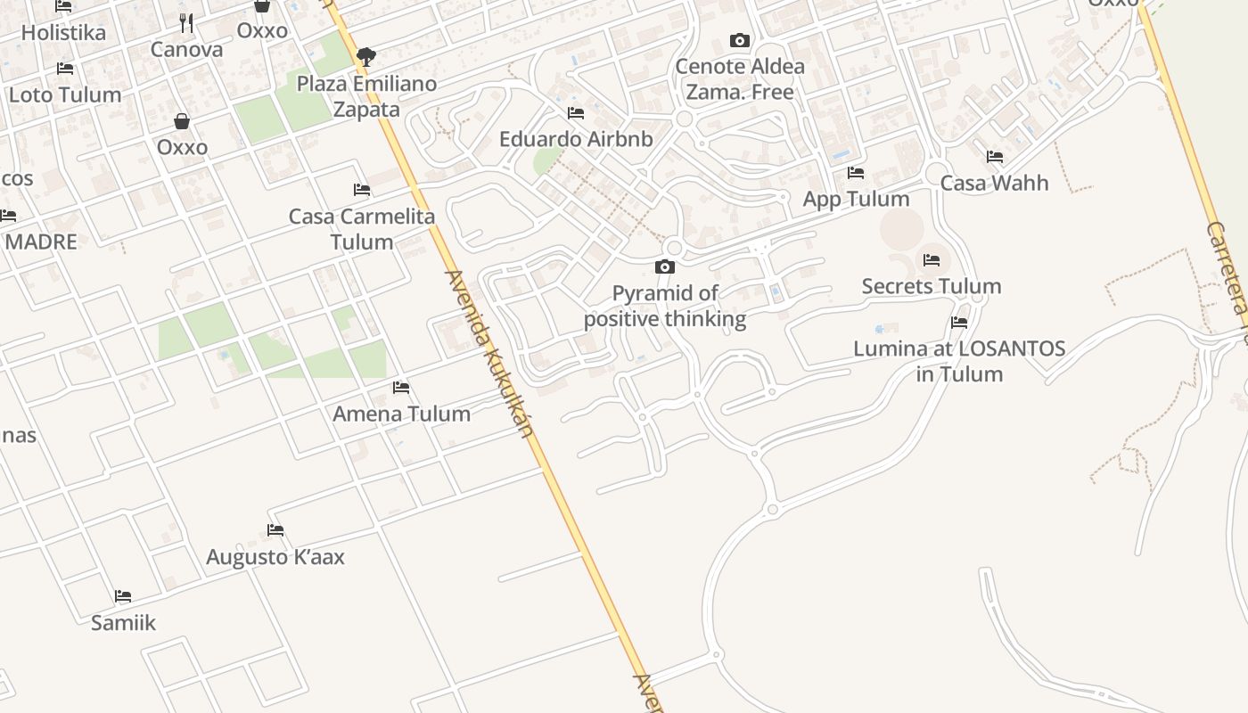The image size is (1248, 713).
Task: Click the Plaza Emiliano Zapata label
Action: (366, 96)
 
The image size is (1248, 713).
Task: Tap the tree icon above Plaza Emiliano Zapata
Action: (365, 58)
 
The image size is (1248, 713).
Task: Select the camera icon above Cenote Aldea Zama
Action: (739, 40)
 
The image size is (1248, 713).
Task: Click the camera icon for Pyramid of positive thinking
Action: (664, 266)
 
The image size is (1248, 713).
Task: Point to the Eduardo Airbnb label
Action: (576, 139)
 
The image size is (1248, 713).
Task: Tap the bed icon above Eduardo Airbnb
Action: (576, 113)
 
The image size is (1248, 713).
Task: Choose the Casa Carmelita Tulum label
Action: (362, 228)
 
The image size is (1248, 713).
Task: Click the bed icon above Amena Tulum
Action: (401, 388)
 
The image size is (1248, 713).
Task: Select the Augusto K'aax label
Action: (275, 557)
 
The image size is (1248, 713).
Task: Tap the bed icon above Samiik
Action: (123, 596)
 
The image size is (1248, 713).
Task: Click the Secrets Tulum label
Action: (932, 286)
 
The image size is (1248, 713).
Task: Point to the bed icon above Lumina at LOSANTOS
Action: (959, 323)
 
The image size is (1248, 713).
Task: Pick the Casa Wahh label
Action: (995, 183)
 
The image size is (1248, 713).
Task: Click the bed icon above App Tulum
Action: (856, 173)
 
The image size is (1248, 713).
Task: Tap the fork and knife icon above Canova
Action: (186, 23)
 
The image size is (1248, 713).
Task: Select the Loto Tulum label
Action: (65, 94)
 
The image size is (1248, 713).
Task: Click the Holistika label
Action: (63, 32)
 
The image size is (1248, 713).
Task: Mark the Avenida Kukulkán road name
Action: (491, 353)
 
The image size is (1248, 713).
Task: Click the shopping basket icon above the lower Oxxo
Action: (182, 121)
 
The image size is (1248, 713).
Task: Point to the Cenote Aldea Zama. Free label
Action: (740, 78)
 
